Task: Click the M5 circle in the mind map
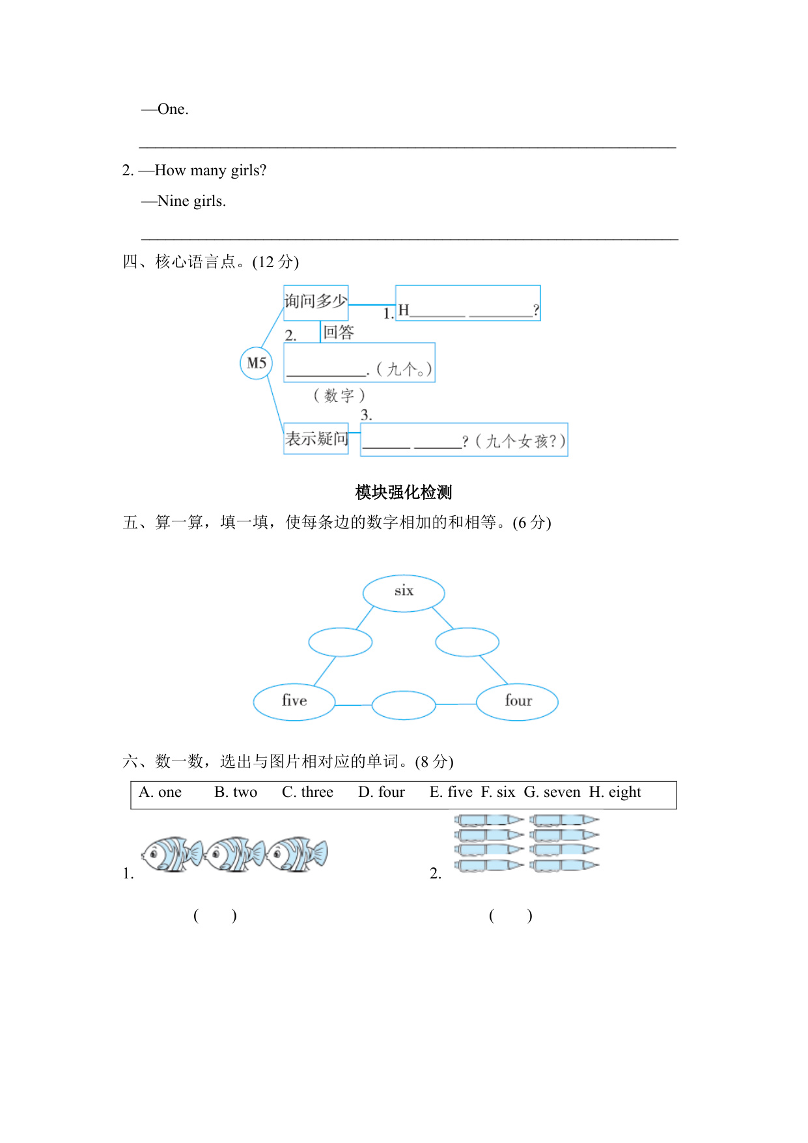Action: [257, 363]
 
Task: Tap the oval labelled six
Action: [404, 593]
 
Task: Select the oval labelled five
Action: [294, 702]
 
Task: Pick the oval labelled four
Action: [518, 702]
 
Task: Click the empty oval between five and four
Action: [404, 705]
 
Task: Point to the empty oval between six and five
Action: [340, 642]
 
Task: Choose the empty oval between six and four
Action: [467, 642]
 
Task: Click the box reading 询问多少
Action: [316, 302]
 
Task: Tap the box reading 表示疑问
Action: [316, 439]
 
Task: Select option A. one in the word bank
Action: [160, 792]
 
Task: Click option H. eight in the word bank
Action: [615, 792]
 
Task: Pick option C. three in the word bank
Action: [307, 792]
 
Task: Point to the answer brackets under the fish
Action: [215, 916]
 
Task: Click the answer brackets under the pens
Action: [510, 916]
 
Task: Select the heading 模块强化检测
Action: [404, 492]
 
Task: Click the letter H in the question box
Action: [404, 310]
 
